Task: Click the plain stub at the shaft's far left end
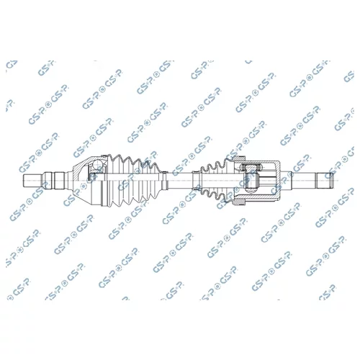pos(32,181)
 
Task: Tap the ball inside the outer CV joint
pos(98,165)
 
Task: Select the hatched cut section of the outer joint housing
pos(81,168)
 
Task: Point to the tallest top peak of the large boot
pos(117,156)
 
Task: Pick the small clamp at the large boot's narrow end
pos(164,181)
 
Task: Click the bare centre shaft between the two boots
pos(180,181)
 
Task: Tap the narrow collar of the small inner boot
pos(197,181)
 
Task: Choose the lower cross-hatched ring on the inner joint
pos(240,202)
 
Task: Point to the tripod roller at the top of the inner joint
pos(251,166)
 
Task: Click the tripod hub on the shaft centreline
pos(251,181)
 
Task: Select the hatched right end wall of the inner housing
pos(278,181)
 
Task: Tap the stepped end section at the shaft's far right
pos(325,181)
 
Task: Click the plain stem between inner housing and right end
pos(298,181)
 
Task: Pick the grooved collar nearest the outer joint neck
pos(60,181)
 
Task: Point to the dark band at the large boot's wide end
pos(104,193)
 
